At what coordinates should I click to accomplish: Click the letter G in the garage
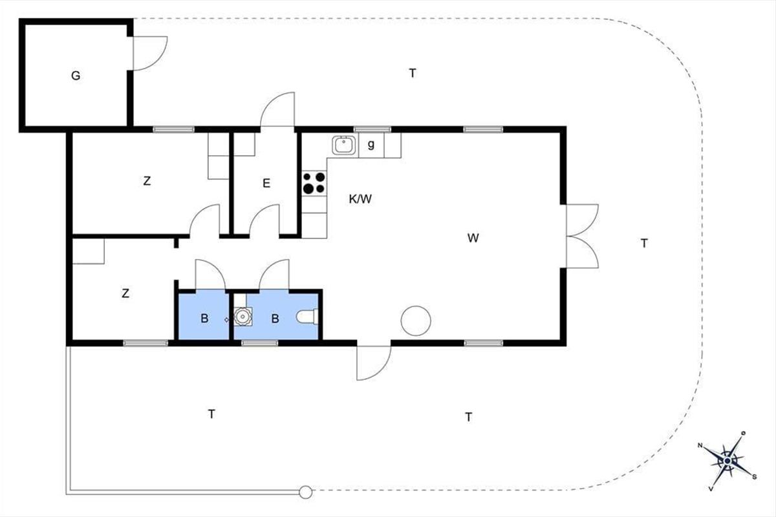tap(76, 76)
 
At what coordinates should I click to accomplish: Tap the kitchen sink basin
tap(343, 145)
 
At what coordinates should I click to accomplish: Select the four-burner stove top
tap(314, 183)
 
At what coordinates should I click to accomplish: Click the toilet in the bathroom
tap(307, 317)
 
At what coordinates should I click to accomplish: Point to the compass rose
tap(727, 461)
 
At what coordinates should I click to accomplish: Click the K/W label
tap(360, 199)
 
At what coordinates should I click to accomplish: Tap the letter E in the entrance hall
tap(266, 183)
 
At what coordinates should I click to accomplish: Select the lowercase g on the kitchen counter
tap(371, 144)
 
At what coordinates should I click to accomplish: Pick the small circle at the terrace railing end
tap(305, 492)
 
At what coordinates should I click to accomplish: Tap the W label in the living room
tap(473, 238)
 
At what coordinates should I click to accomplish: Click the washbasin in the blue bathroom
tap(242, 317)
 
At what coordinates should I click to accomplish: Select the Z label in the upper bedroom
tap(147, 181)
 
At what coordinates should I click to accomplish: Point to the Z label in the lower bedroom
tap(125, 293)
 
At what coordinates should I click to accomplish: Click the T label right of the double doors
tap(644, 244)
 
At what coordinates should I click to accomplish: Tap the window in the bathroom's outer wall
tap(260, 343)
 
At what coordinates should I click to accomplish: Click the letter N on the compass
tap(700, 445)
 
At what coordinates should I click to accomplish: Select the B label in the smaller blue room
tap(204, 319)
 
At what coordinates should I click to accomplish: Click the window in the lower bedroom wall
tap(145, 343)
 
